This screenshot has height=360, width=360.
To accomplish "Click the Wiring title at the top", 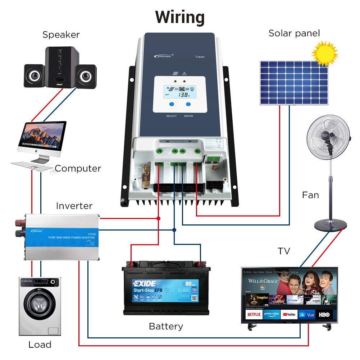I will tap(180, 17).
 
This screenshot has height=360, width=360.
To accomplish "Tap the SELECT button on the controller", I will tap(172, 104).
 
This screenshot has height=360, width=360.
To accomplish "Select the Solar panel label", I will tap(294, 33).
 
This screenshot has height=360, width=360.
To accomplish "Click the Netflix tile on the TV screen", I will tap(254, 314).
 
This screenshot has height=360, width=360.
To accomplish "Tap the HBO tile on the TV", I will tap(324, 314).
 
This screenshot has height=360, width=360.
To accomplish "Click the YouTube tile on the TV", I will tap(289, 314).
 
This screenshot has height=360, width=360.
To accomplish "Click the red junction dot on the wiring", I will tap(158, 218).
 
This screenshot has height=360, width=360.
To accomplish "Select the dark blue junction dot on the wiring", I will tap(174, 230).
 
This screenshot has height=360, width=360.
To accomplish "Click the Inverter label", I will tap(74, 206).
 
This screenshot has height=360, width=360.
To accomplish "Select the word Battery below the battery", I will tap(166, 327).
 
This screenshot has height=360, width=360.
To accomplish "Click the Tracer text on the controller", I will tap(200, 57).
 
